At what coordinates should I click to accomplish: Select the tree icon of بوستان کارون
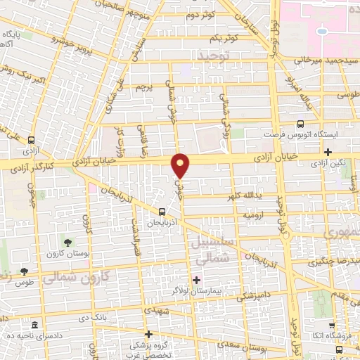tap(67, 241)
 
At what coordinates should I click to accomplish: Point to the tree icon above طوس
tap(25, 271)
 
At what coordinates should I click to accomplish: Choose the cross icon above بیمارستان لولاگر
tap(196, 280)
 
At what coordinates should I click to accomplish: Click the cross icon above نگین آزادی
tap(328, 152)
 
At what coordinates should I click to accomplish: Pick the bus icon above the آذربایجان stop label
tap(162, 211)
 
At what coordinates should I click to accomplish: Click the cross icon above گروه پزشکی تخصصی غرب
tap(148, 334)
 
